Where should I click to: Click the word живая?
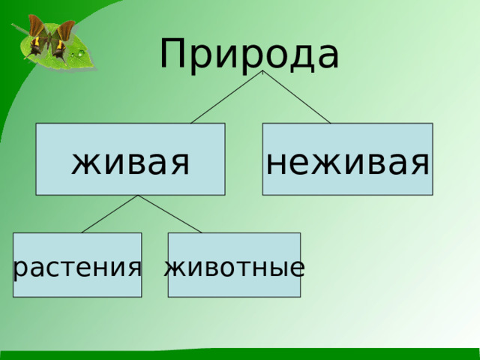point(130,160)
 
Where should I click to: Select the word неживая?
point(347,160)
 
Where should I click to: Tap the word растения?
point(77,266)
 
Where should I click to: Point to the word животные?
point(234,266)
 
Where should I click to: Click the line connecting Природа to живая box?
point(226,97)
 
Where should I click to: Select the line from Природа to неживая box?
point(297,97)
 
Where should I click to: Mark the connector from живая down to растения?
point(109,214)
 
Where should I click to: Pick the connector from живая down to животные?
point(169,214)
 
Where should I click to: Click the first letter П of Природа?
point(174,52)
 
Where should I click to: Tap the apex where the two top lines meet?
point(262,73)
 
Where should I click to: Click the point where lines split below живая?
point(138,196)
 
